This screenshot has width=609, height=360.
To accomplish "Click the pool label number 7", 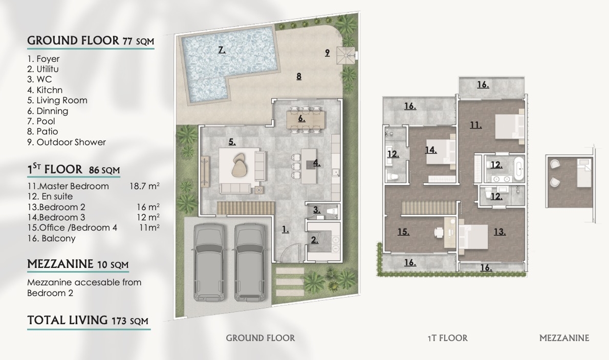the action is click(222, 50).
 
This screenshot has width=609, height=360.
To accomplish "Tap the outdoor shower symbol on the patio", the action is click(346, 54).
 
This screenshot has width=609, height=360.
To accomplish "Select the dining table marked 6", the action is click(306, 120).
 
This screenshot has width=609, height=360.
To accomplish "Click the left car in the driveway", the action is click(209, 262).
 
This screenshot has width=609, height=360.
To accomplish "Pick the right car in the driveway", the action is click(251, 262).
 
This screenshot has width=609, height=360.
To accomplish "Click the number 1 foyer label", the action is click(286, 230).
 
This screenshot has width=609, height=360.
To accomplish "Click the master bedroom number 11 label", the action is click(476, 125).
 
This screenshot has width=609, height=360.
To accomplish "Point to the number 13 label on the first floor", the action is click(499, 232).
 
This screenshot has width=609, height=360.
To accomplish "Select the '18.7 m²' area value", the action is click(144, 186).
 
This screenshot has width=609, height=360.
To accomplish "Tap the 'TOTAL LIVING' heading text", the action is click(67, 320).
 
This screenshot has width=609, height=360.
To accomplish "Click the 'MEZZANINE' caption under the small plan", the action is click(564, 339).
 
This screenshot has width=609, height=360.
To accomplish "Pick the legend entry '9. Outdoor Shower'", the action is click(67, 142).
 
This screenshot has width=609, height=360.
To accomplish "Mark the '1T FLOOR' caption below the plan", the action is click(447, 339).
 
